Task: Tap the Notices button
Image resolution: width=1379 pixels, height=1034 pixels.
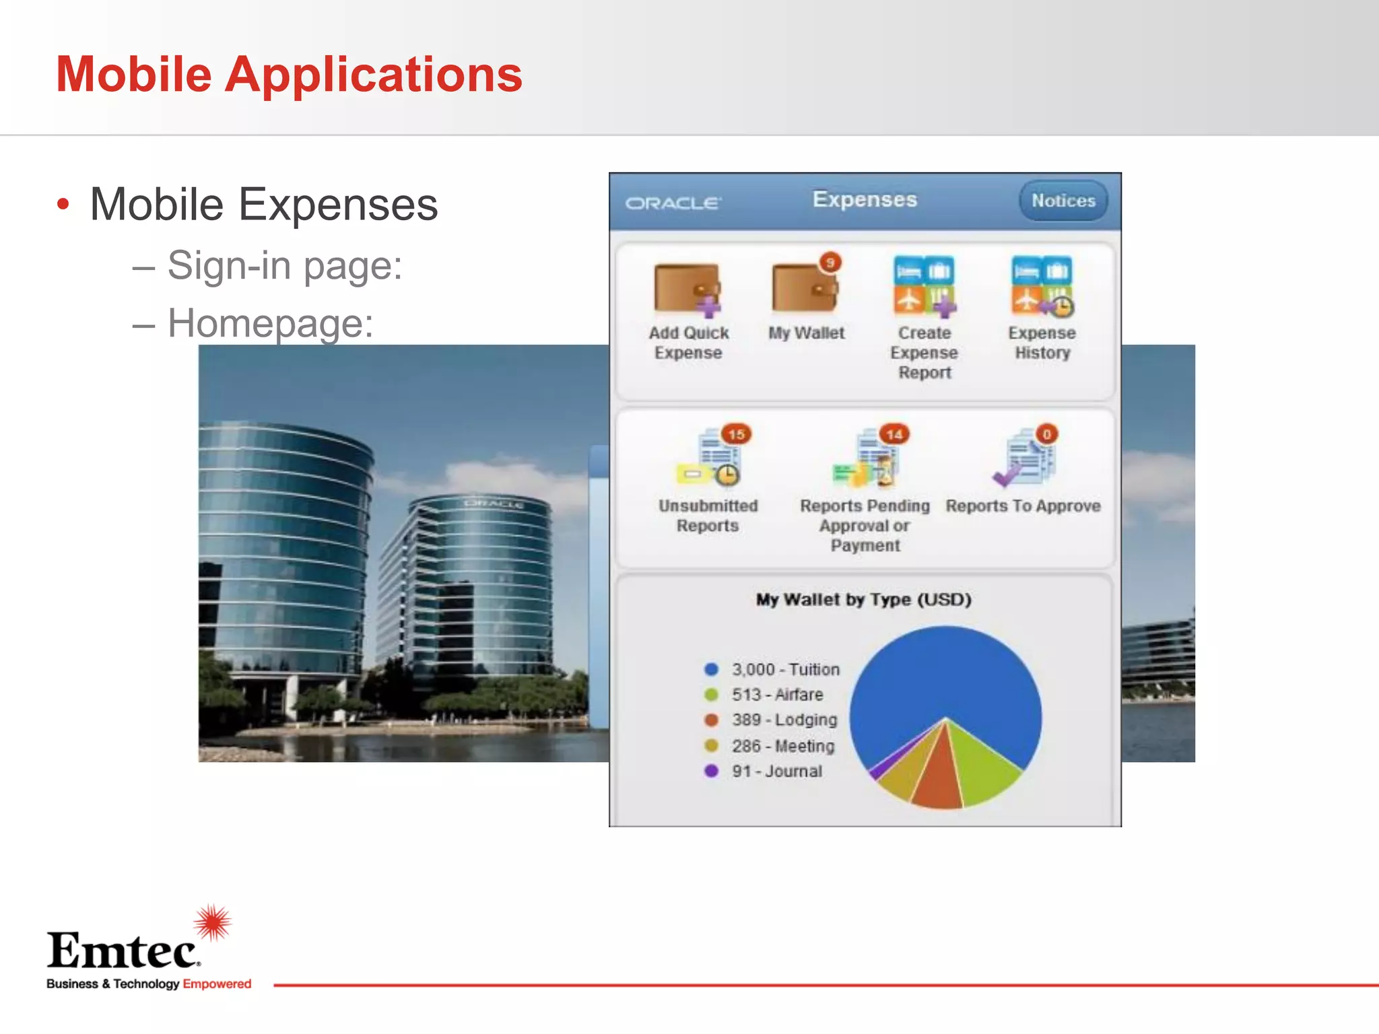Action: pos(1063,201)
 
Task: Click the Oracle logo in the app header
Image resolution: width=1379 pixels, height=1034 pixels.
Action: pos(673,203)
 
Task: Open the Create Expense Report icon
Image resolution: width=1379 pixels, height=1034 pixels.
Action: pos(924,285)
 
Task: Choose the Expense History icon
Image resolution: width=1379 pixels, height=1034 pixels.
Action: pos(1042,285)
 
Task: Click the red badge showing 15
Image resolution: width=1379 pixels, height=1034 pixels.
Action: pos(737,434)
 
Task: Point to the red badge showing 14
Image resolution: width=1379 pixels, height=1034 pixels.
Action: pos(894,434)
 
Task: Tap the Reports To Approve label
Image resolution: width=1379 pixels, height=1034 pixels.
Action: pos(1023,506)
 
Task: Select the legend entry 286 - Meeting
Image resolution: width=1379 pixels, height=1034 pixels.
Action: pos(782,746)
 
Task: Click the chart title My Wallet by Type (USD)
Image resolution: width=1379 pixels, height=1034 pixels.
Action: pos(864,599)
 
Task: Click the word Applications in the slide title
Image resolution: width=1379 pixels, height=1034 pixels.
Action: pos(373,74)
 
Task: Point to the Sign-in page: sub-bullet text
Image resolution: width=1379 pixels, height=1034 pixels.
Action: pos(284,265)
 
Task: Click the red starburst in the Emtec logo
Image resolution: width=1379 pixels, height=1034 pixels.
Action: pos(213,922)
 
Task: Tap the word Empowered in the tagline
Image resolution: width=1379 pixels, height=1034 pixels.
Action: pos(217,984)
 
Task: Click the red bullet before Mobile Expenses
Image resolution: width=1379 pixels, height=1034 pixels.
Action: pos(63,204)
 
